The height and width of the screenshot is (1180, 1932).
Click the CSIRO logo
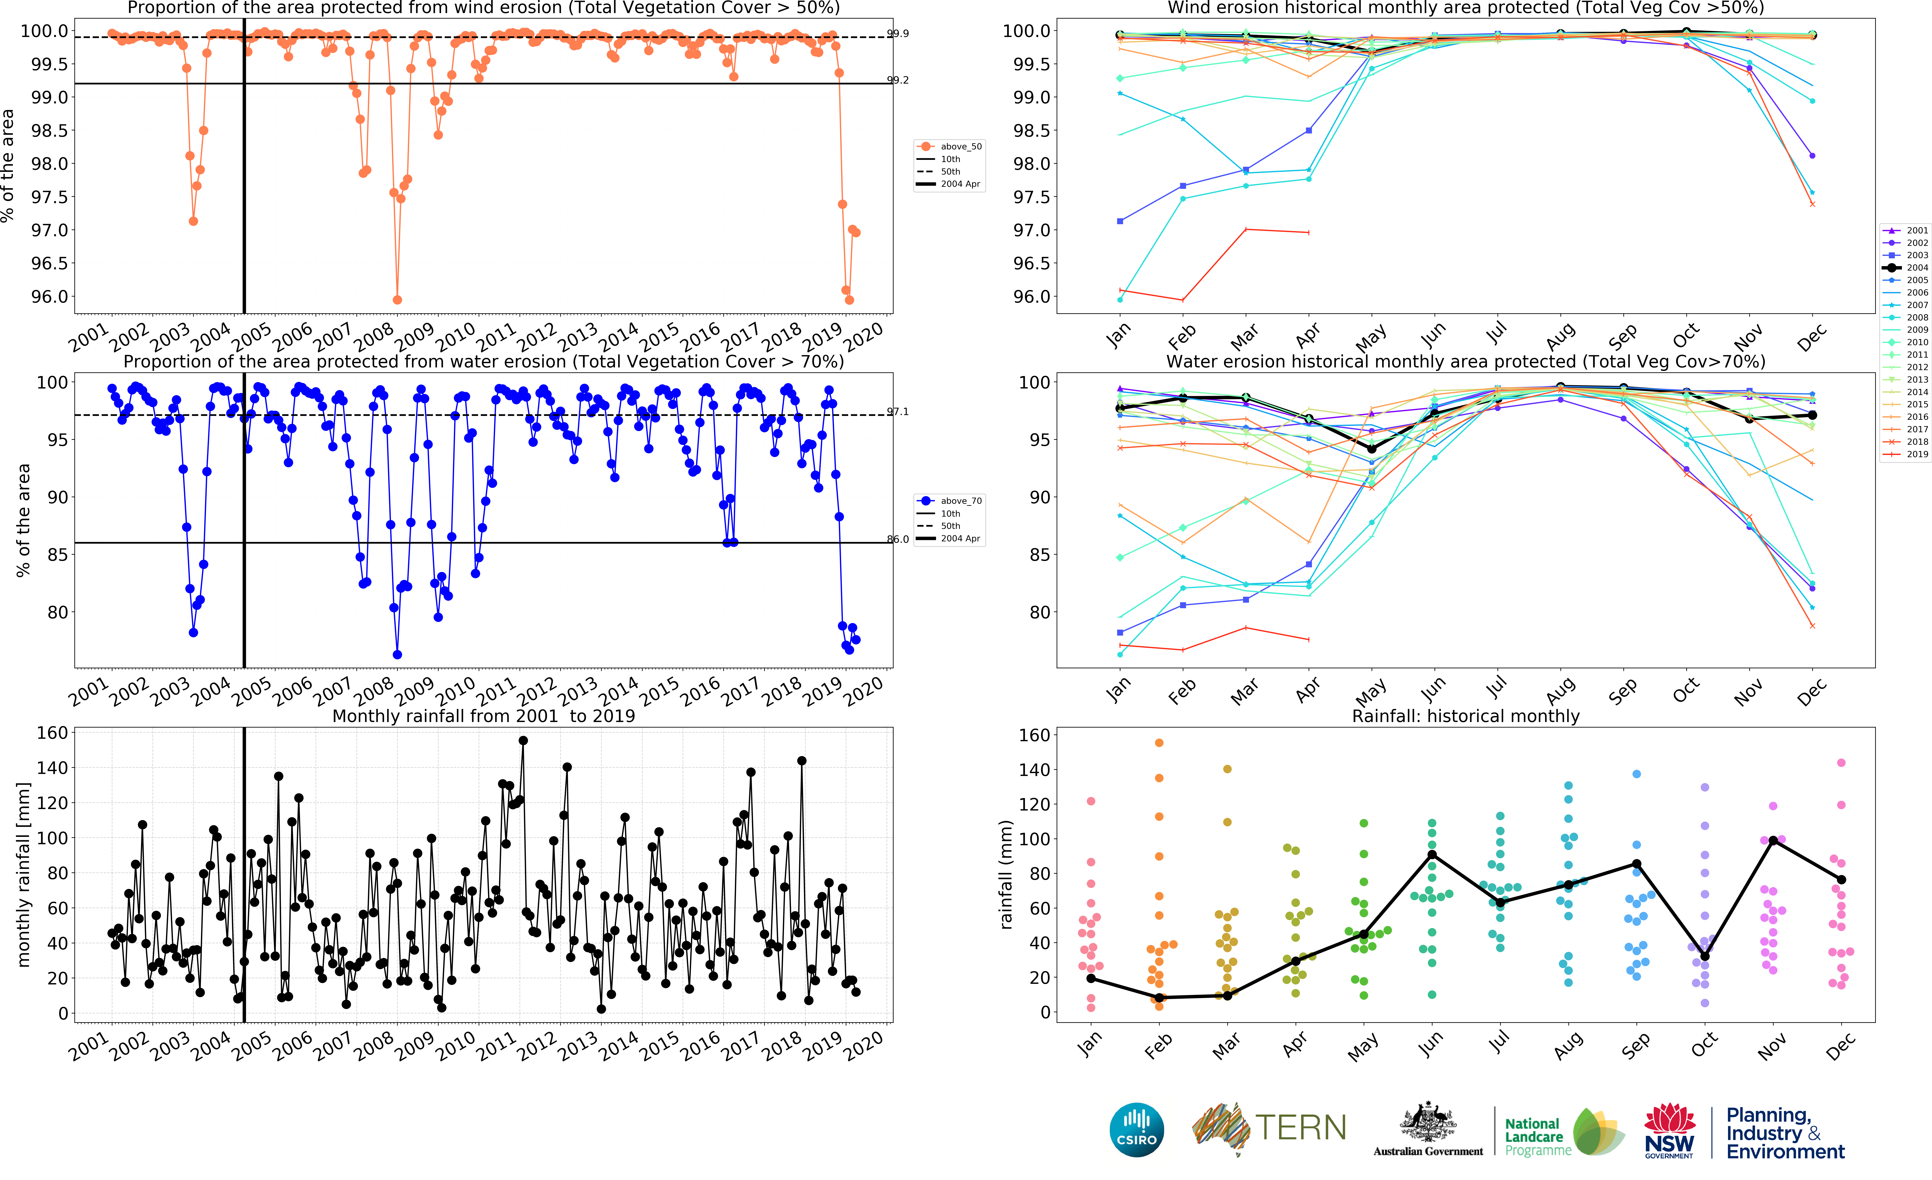click(1137, 1130)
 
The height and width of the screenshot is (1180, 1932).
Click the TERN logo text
click(1301, 1127)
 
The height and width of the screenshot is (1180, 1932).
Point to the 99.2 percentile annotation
click(898, 80)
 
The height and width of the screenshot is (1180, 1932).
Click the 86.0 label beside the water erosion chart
click(898, 540)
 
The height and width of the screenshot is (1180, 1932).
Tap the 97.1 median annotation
click(898, 412)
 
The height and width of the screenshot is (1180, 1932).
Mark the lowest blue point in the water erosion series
click(398, 655)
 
